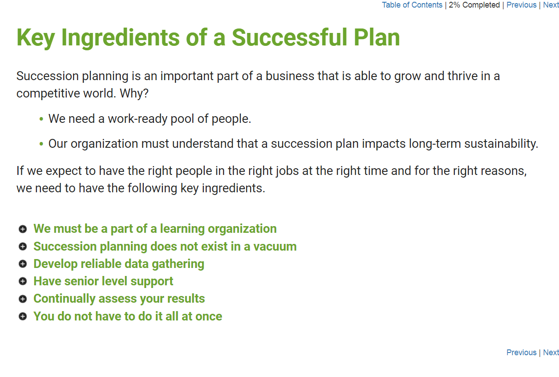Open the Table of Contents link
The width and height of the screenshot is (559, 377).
point(412,5)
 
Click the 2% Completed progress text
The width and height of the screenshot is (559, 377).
point(474,5)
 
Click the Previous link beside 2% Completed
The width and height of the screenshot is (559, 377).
point(521,5)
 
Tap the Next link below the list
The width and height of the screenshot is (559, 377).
point(551,353)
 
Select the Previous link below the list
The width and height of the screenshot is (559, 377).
point(521,353)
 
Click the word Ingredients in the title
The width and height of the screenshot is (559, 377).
point(120,38)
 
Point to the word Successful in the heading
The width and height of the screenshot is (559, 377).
point(289,37)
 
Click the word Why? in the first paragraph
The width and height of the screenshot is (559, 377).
point(134,93)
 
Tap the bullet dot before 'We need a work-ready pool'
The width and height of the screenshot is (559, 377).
point(41,119)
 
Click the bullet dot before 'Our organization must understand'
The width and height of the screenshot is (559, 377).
point(41,144)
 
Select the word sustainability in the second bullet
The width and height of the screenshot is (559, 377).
point(501,144)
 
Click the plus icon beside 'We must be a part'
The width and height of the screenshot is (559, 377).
point(23,229)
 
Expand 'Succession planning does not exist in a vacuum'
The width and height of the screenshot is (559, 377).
point(165,247)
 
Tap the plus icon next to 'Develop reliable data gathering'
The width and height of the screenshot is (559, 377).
point(23,264)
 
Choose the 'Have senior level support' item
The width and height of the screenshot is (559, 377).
point(103,281)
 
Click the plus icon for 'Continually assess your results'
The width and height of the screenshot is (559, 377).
point(23,299)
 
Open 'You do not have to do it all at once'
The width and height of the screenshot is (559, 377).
point(128,316)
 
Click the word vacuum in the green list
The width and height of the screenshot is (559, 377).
point(275,247)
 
